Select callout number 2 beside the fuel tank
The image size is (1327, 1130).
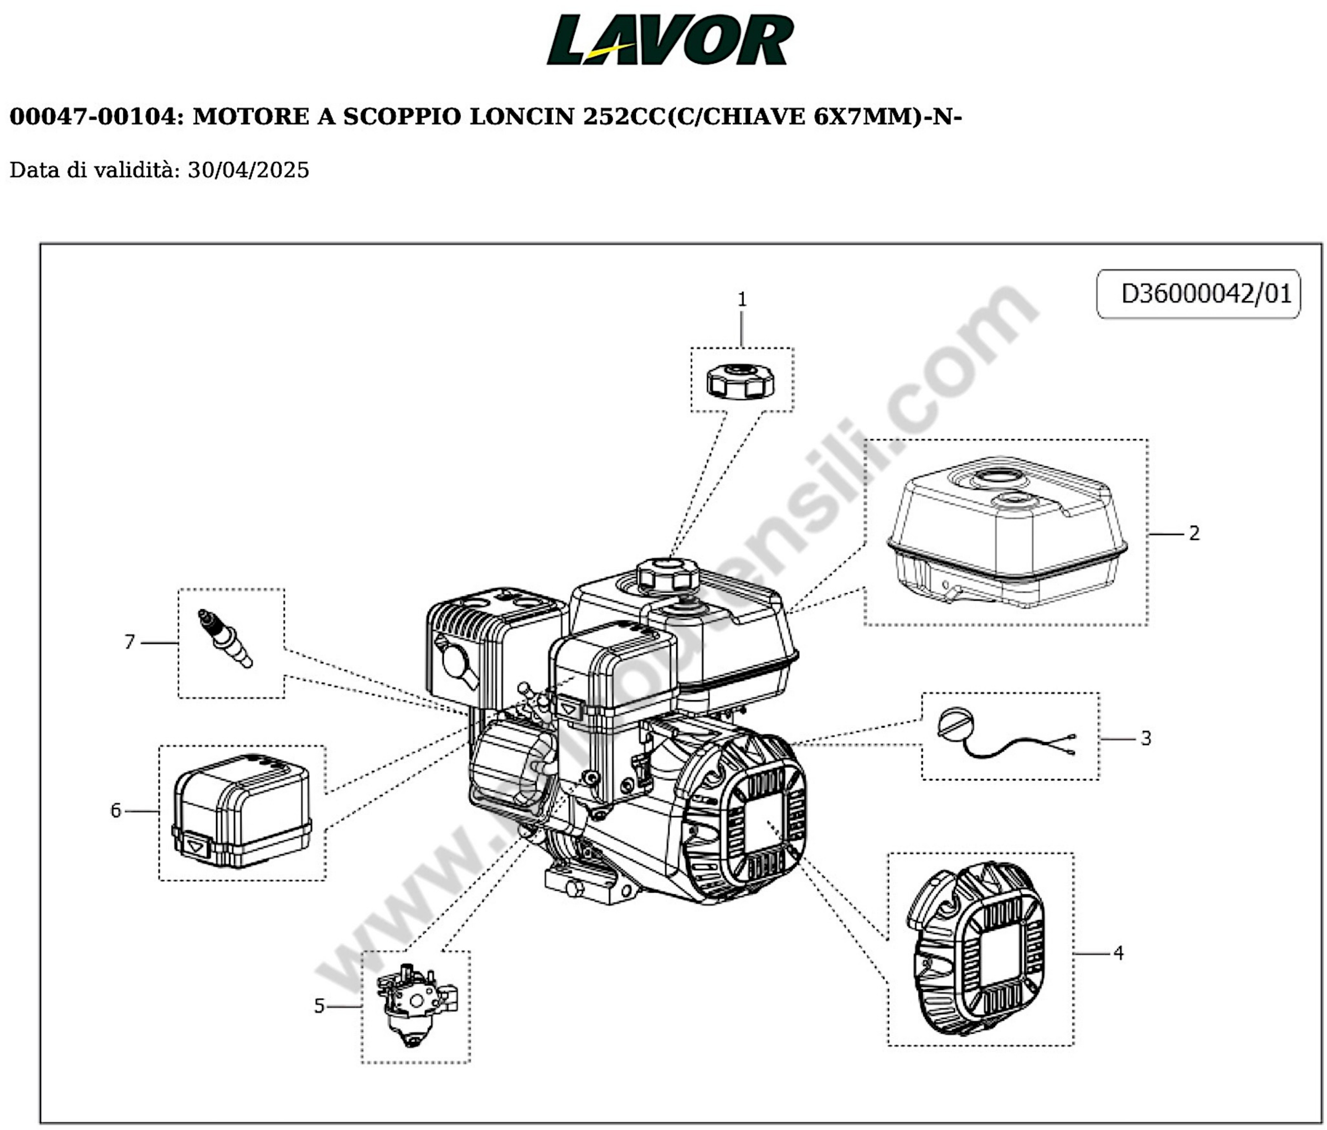click(1193, 533)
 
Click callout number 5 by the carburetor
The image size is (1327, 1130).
click(319, 1006)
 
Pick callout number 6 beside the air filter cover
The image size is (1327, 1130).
click(115, 810)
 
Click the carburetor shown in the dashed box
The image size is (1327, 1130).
click(415, 1006)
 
